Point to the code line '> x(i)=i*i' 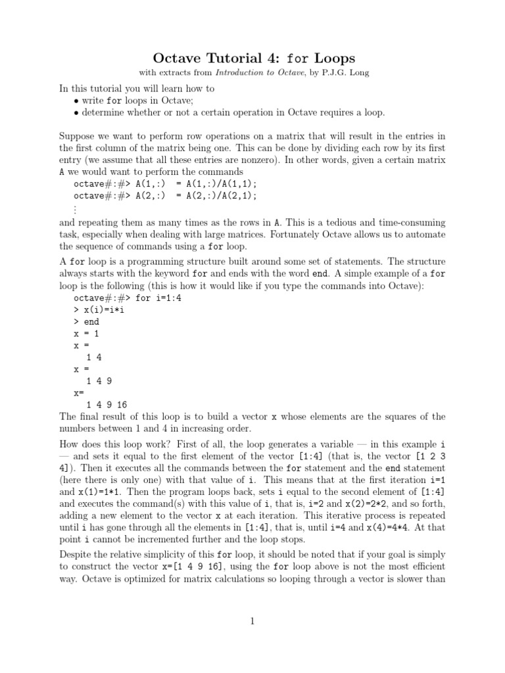coord(99,310)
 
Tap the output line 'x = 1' coord(86,333)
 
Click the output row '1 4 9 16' coord(107,404)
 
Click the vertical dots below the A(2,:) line coord(76,209)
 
